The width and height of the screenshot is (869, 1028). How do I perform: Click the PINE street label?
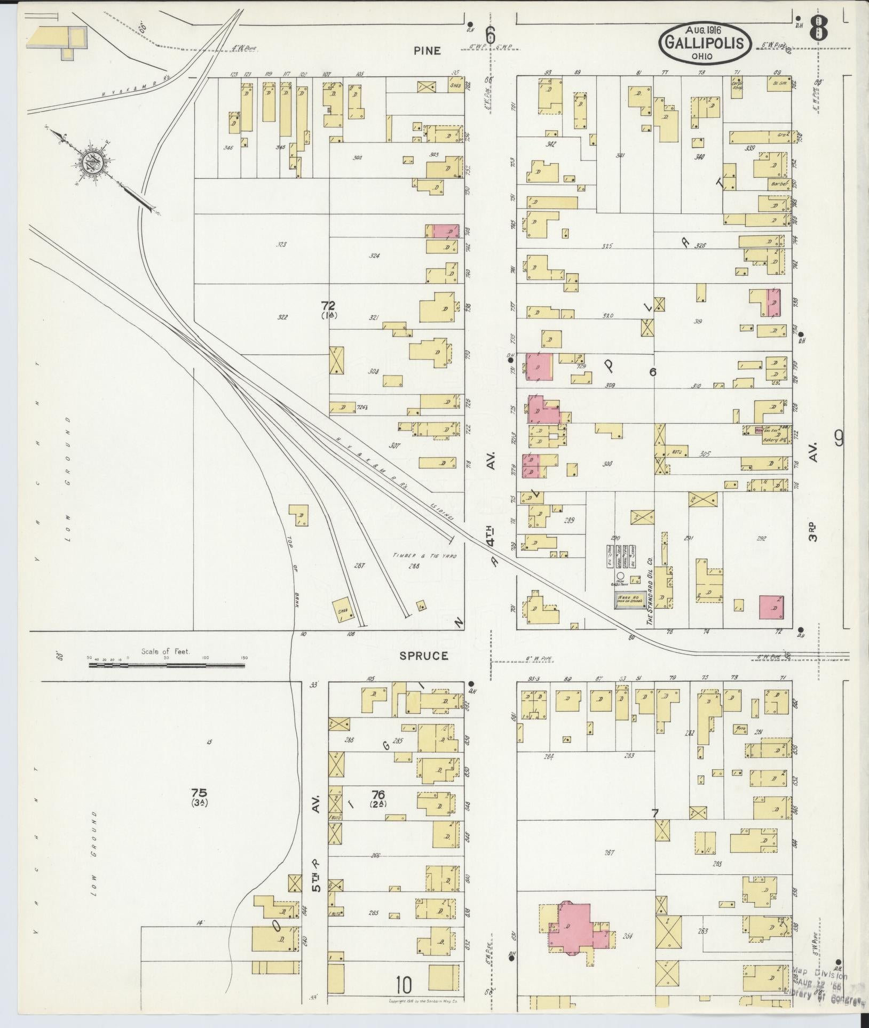(x=427, y=51)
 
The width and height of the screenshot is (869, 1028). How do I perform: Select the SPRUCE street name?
(x=424, y=656)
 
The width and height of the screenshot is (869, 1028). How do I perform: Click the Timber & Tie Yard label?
(x=425, y=555)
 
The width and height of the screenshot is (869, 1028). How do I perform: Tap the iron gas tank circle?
(x=620, y=576)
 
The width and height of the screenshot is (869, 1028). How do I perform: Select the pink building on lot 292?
(x=771, y=607)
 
